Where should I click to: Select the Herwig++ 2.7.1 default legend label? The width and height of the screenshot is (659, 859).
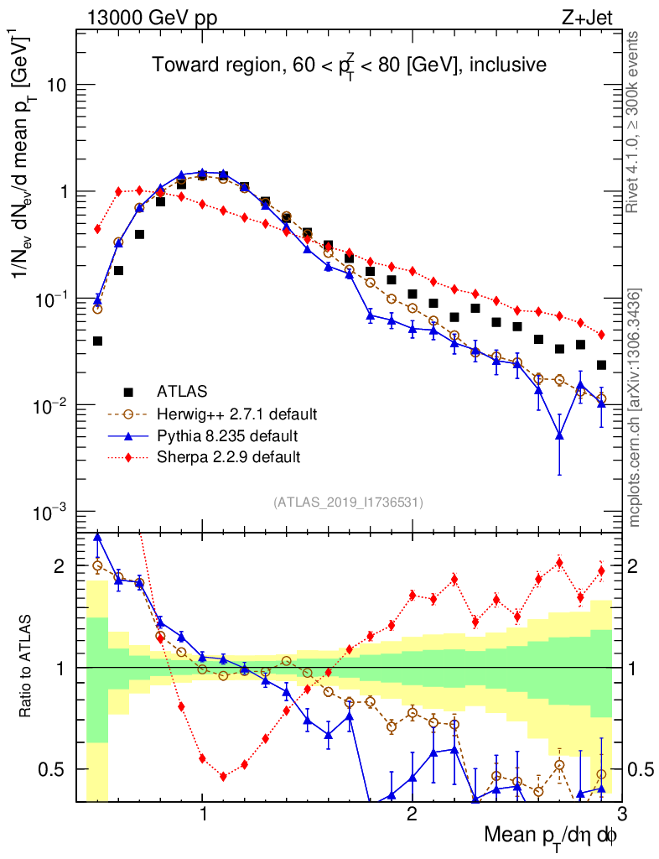(x=236, y=414)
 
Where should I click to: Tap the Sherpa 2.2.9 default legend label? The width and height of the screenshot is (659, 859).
(x=229, y=457)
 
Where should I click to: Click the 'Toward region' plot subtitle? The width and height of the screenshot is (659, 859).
(x=349, y=65)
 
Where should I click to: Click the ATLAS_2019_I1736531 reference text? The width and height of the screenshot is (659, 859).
(x=348, y=503)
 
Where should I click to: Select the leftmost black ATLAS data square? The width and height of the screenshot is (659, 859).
(x=97, y=341)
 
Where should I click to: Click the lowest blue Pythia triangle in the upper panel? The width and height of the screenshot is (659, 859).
(x=559, y=435)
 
